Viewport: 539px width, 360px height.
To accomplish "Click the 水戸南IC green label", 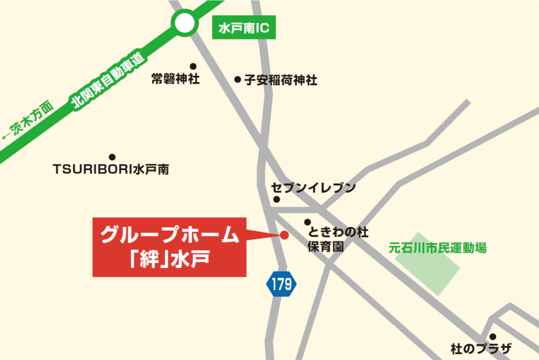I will click(243, 28).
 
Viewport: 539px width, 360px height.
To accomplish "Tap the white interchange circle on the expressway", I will click(184, 23).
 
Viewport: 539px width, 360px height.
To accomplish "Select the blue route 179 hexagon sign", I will click(282, 285).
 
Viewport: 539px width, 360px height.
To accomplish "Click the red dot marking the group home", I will click(284, 235).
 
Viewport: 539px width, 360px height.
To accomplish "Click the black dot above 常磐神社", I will click(193, 66).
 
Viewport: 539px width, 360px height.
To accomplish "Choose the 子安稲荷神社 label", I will click(281, 81).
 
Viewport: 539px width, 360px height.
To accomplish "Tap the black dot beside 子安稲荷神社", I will click(237, 80).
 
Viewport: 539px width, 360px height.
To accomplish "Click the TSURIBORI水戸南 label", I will click(111, 169).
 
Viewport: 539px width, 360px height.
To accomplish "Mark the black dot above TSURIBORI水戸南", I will click(112, 157).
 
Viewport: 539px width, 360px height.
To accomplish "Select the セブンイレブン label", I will click(314, 188).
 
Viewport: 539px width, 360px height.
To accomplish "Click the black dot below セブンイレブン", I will click(277, 199).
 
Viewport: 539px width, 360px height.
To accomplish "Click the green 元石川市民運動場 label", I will click(437, 247).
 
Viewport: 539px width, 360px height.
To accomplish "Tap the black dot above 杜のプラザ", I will click(493, 337).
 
